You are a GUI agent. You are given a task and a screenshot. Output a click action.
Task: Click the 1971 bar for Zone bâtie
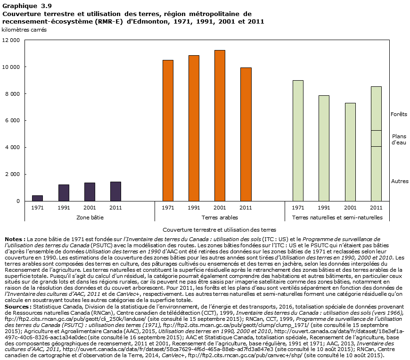[37, 198]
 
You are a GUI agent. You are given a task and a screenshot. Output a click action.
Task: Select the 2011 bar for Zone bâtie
[115, 192]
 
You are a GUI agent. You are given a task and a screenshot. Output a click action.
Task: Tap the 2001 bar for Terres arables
[220, 126]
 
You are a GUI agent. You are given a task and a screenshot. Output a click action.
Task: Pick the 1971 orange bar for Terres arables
[168, 131]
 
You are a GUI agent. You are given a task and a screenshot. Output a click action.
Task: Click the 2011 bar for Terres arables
[246, 134]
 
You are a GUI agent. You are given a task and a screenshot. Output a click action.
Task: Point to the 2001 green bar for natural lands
[350, 152]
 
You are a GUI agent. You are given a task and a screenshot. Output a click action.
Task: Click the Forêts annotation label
[399, 114]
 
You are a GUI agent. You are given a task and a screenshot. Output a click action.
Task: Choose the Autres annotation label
[400, 181]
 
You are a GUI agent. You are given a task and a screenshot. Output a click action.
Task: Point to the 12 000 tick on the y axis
[11, 41]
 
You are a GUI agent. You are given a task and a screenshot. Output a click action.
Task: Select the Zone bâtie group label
[90, 218]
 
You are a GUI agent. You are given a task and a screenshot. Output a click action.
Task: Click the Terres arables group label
[220, 218]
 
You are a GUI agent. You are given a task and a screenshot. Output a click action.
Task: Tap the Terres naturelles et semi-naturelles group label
[337, 218]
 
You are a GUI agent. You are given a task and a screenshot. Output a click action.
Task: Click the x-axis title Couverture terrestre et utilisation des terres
[206, 229]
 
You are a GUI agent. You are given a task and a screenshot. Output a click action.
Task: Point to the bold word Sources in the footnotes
[16, 306]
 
